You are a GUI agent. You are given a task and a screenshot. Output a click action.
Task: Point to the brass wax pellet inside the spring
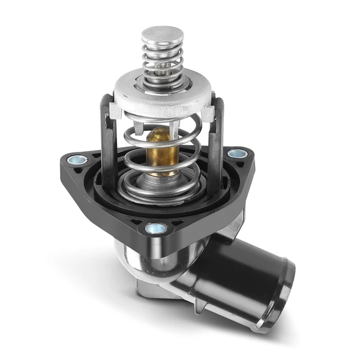[x=160, y=150]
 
